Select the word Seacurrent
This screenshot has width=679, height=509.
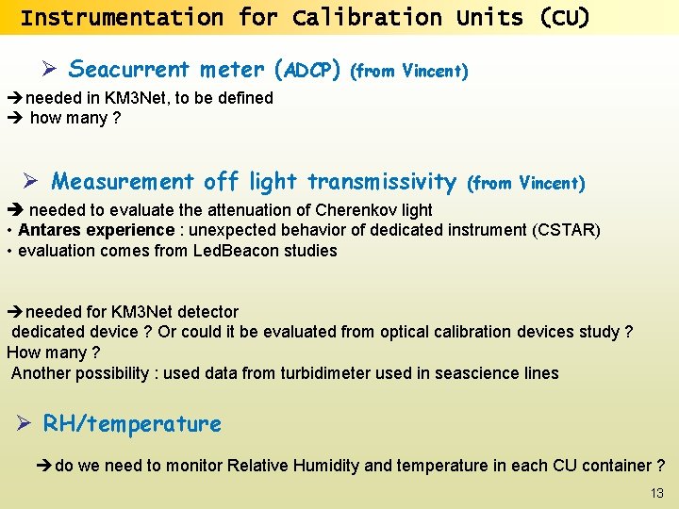tap(128, 70)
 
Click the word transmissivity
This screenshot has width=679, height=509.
tap(382, 181)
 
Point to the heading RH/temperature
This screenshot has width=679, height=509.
tap(132, 424)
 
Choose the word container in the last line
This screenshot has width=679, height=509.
tap(615, 466)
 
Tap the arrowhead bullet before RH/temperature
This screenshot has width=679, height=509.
tap(26, 425)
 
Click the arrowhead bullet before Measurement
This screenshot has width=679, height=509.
tap(33, 182)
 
